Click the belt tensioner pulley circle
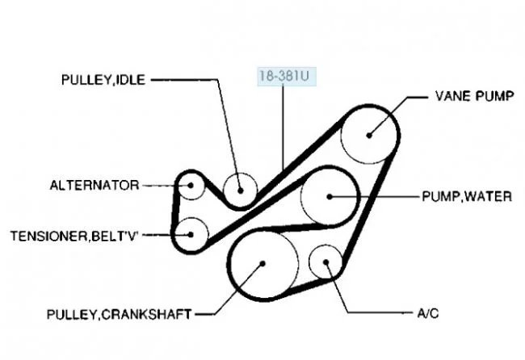[191, 234]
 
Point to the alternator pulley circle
[191, 186]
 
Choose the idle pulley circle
[240, 190]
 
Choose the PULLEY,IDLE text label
[103, 80]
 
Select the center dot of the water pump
[330, 195]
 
